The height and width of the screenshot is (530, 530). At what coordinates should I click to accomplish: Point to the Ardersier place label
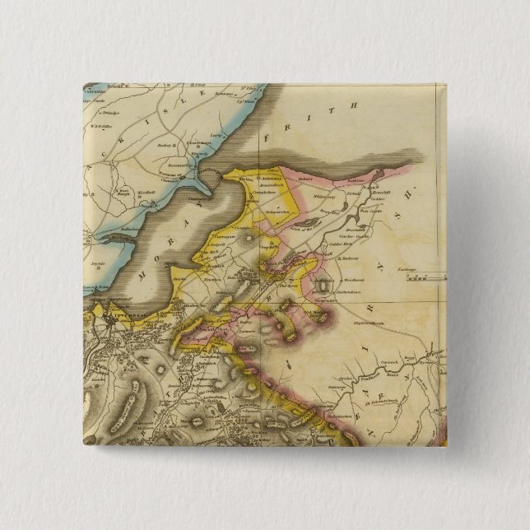[270, 179]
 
